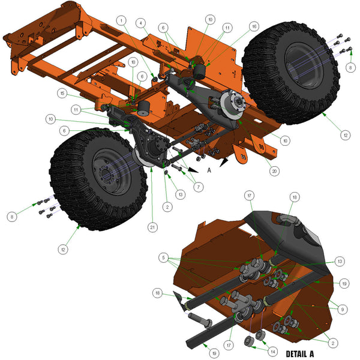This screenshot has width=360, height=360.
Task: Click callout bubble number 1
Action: pos(123,21)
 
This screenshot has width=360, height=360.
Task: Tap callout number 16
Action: pos(254,27)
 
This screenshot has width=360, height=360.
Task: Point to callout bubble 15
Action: pos(62,93)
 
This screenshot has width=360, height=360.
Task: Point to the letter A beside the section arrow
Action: pos(209,170)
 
